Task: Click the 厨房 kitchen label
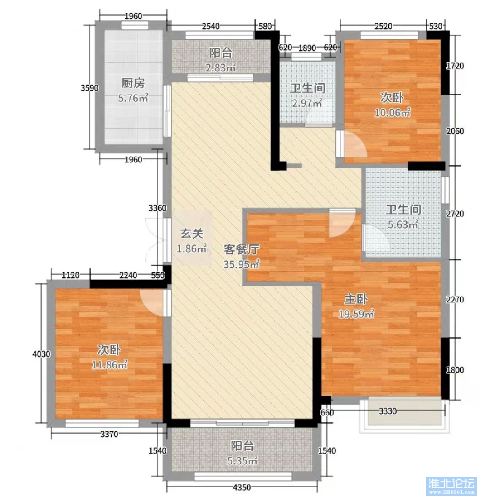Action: pos(133,83)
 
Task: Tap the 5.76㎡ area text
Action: pos(133,98)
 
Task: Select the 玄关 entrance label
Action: pos(192,233)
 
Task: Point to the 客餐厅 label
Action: pos(241,249)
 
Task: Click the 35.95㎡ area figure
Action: pos(241,264)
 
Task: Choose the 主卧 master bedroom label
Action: pos(356,299)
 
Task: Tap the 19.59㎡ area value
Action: pos(356,314)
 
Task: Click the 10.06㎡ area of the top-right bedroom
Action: pos(392,112)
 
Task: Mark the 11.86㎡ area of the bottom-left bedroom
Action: pos(109,365)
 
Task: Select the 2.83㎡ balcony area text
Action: pos(221,68)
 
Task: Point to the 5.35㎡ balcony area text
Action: pos(242,460)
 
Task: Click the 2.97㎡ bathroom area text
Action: pos(307,103)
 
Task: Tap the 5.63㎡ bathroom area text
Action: pos(403,224)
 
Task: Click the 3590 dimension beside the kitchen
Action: pos(90,88)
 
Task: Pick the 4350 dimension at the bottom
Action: pos(242,487)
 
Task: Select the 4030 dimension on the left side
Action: pos(41,354)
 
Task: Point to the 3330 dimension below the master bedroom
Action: pos(388,411)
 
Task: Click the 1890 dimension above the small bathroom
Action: pos(307,48)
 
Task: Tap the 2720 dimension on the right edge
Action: pos(455,214)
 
